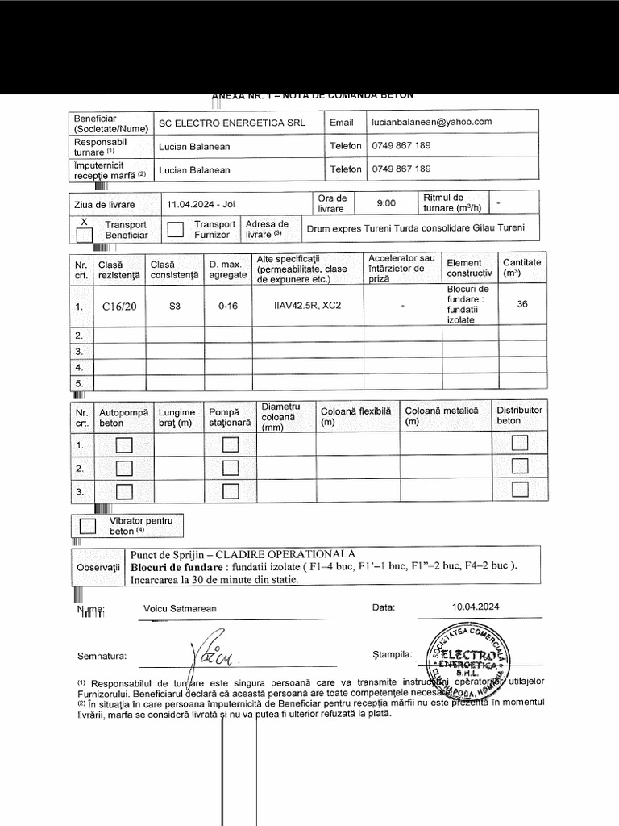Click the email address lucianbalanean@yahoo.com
point(431,122)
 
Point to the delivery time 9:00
point(386,204)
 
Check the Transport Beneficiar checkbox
point(84,235)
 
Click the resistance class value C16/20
point(119,307)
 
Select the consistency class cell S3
point(175,307)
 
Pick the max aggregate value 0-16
point(227,307)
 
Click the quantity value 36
point(521,305)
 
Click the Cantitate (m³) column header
point(521,268)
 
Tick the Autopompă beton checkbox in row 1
point(123,444)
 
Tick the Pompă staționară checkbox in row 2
point(231,468)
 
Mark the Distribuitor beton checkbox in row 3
point(520,490)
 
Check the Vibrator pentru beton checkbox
point(87,526)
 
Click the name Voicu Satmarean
point(179,609)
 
